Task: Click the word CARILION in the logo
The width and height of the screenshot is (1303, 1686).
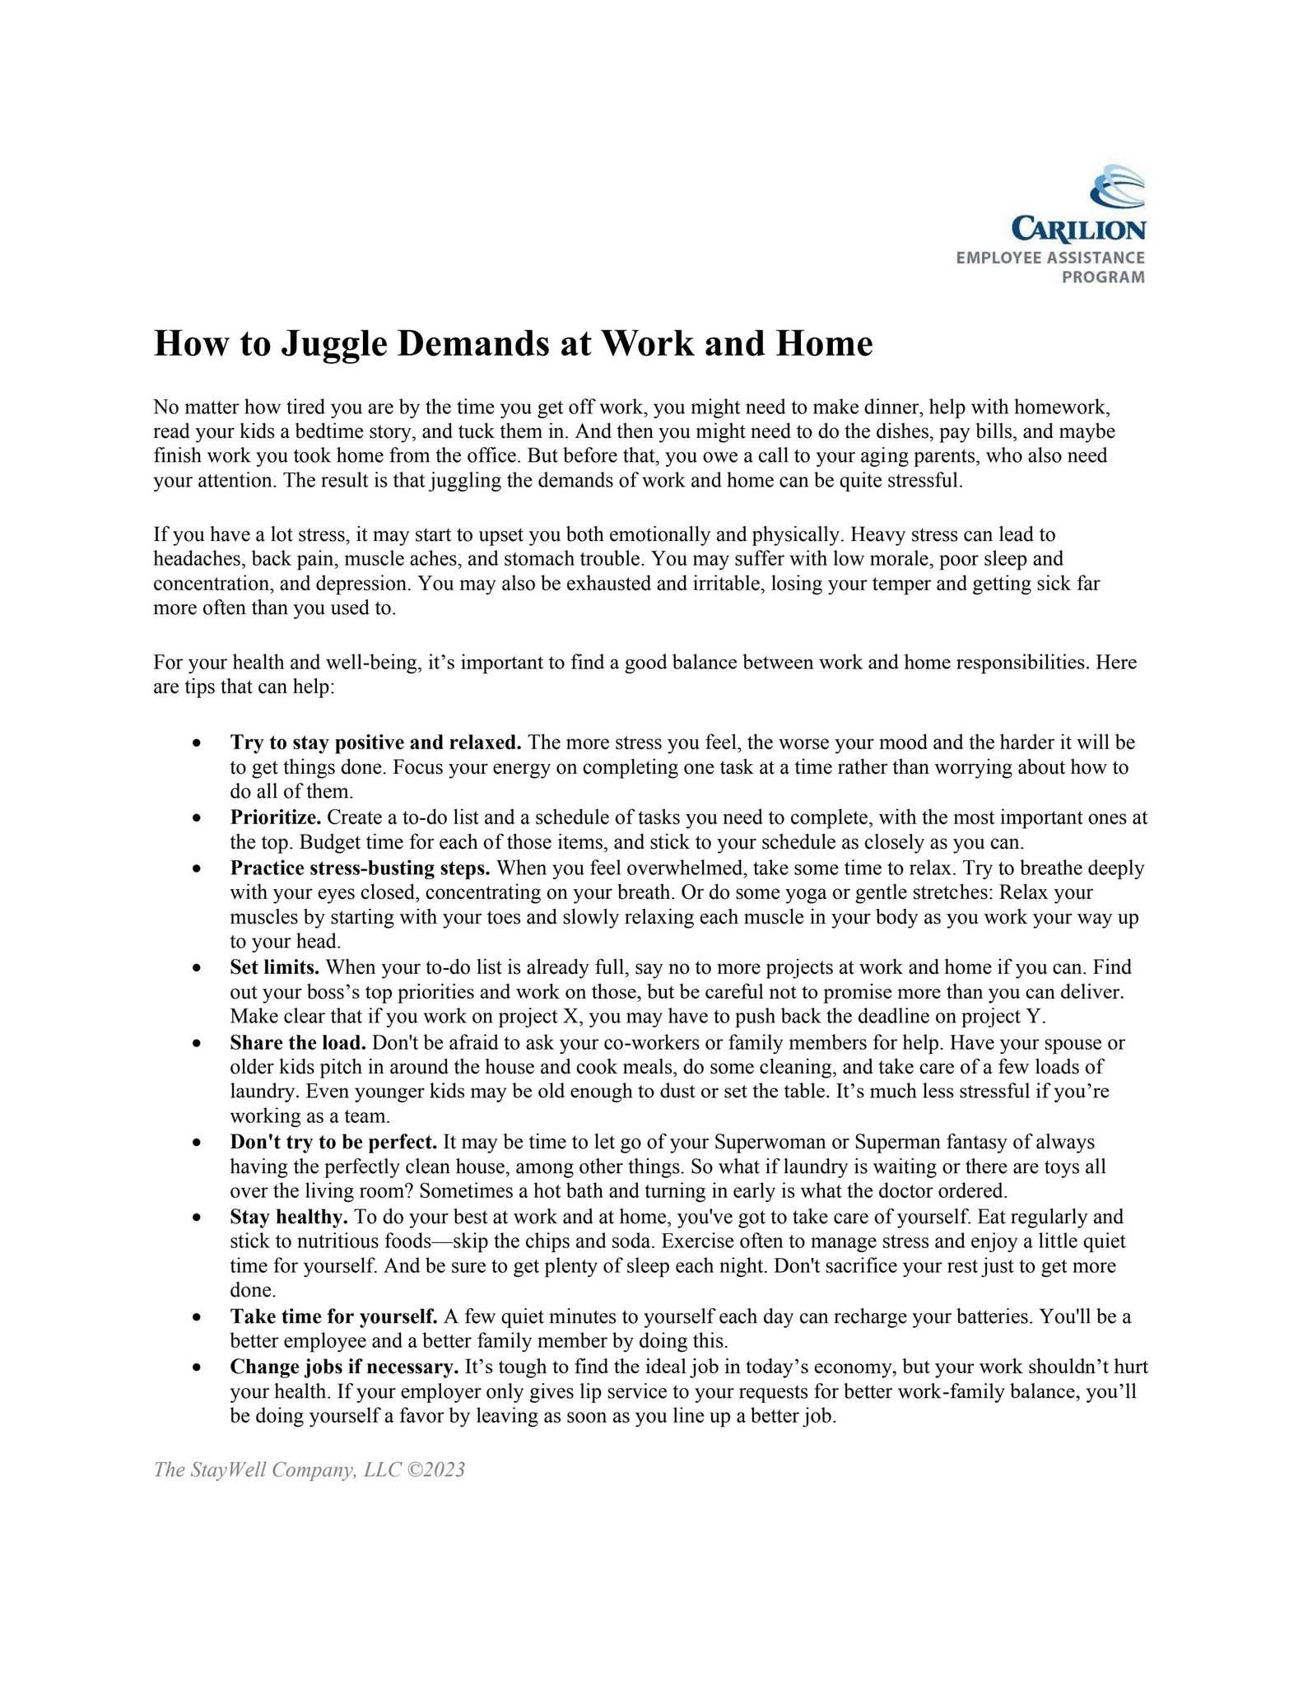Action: [1077, 230]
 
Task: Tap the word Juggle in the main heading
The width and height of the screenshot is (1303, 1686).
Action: [334, 343]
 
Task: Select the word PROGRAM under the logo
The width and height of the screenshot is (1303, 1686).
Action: [1102, 277]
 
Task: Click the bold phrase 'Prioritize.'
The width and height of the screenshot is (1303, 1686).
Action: [276, 817]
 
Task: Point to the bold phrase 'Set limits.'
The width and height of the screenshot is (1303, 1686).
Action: [275, 966]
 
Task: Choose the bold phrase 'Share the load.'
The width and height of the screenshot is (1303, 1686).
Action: [298, 1042]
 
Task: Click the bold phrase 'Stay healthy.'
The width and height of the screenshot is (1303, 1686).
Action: [289, 1216]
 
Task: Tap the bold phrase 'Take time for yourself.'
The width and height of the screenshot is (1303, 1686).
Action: [333, 1316]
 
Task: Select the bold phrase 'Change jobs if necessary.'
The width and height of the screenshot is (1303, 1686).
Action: [344, 1367]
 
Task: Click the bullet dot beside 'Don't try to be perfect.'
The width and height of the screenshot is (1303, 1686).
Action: [196, 1143]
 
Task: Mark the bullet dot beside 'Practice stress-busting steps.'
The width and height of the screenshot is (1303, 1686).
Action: [196, 869]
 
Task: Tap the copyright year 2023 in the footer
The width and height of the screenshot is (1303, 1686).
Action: [446, 1469]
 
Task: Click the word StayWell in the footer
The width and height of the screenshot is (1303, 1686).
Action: [228, 1469]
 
